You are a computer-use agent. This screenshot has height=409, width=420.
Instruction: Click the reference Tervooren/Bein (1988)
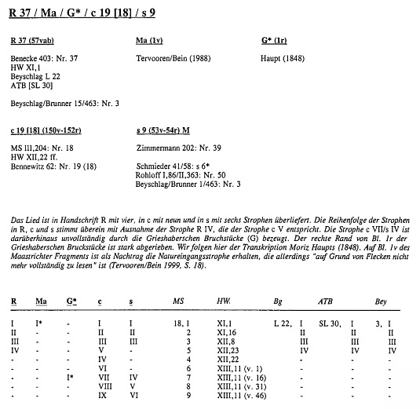click(x=173, y=57)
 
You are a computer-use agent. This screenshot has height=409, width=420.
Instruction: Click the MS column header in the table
click(x=179, y=301)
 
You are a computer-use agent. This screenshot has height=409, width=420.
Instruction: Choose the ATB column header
click(x=325, y=301)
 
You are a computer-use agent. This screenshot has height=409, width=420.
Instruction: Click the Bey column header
click(x=382, y=301)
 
